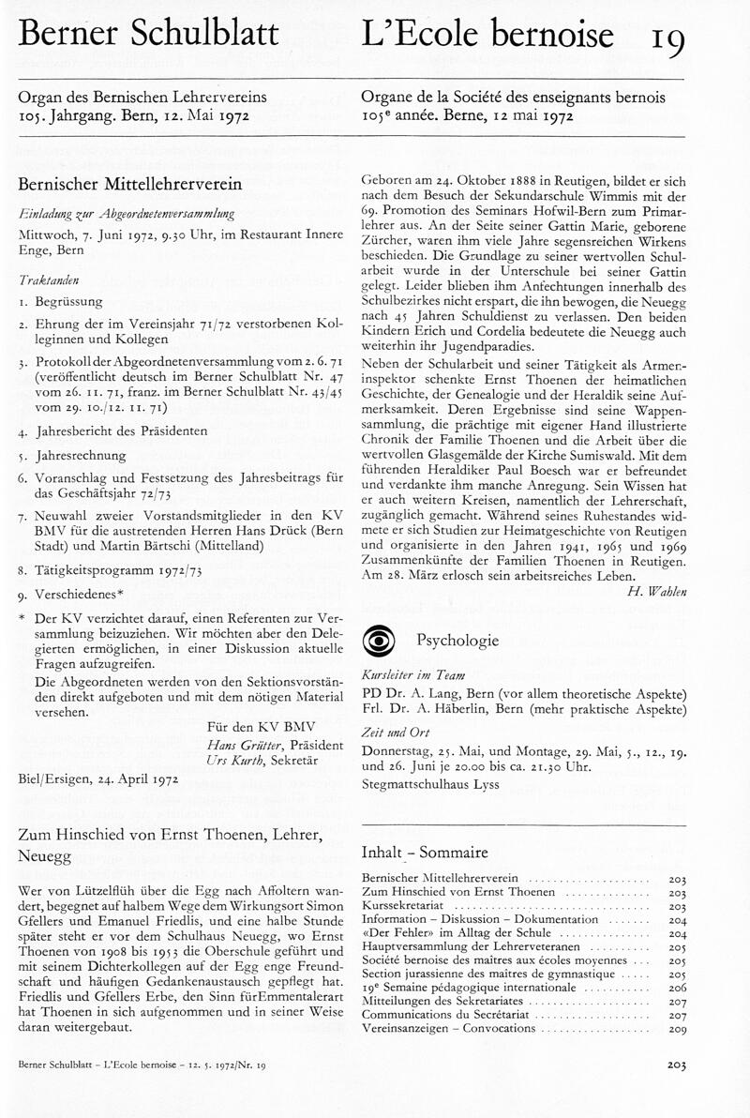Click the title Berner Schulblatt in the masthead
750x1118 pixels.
point(149,36)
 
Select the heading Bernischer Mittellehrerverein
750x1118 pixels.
point(130,184)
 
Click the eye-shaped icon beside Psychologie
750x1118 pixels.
point(380,642)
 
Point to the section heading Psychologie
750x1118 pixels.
point(457,642)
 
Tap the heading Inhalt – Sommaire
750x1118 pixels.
point(424,853)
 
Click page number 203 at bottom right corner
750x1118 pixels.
point(676,1065)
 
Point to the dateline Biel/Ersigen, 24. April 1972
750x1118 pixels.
point(98,777)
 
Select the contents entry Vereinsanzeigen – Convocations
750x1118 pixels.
point(445,1029)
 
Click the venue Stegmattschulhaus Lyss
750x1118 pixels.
point(430,784)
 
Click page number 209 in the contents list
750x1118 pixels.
point(677,1029)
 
